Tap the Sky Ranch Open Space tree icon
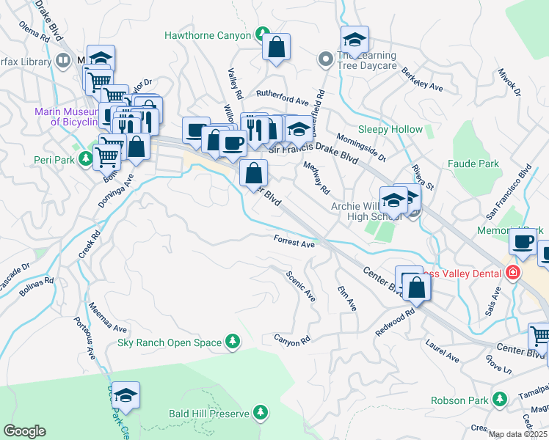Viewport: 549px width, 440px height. click(x=233, y=341)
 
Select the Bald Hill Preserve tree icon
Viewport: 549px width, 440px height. click(x=260, y=414)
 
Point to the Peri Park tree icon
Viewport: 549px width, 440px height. click(x=86, y=158)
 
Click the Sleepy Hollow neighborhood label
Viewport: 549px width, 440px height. click(x=390, y=130)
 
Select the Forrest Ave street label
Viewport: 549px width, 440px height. click(x=294, y=241)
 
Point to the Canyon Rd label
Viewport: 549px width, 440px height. click(x=292, y=339)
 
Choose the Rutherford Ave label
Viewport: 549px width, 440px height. click(x=282, y=99)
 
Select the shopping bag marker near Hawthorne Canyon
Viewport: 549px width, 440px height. click(x=277, y=48)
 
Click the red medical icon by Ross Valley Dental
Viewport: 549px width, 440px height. click(x=512, y=274)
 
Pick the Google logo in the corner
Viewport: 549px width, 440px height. click(x=25, y=430)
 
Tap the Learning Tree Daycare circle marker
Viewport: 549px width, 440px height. click(x=324, y=58)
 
